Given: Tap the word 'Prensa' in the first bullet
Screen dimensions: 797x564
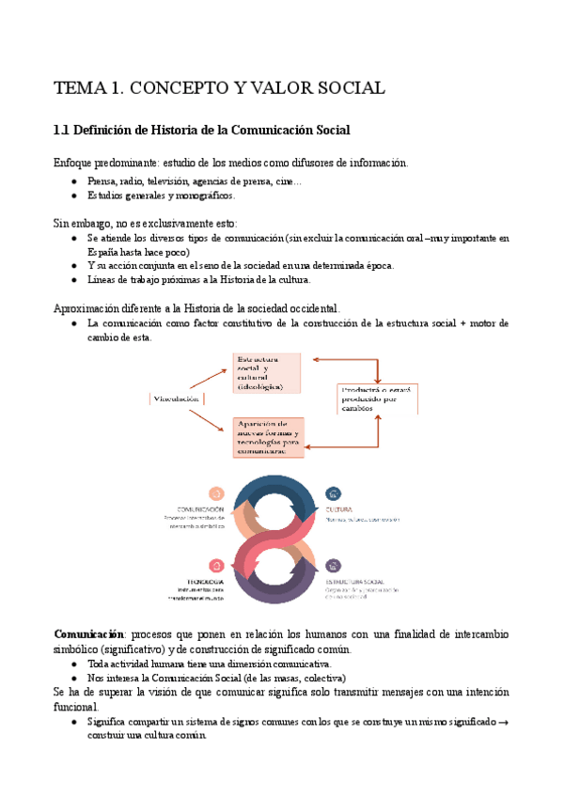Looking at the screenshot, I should pos(102,181).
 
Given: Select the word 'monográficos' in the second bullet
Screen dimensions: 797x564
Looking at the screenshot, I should pos(204,195).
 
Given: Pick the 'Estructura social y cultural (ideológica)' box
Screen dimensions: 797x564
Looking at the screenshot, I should pos(268,373).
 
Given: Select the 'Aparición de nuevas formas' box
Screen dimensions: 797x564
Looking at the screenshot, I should pos(268,437).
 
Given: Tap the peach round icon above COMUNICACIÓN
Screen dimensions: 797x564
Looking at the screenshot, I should pos(216,492).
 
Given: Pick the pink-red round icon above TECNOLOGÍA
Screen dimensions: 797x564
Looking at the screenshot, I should pos(216,566).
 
